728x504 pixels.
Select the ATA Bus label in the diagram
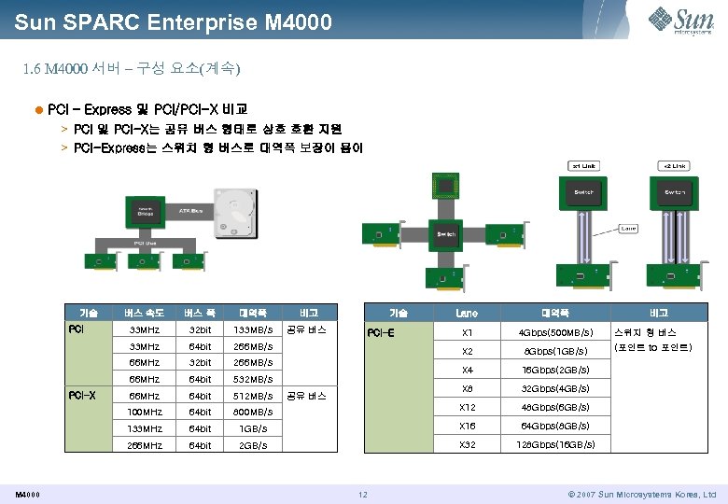[x=190, y=211]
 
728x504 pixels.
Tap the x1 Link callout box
[x=585, y=166]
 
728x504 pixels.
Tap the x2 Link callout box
[x=674, y=166]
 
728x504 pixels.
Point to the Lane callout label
[x=628, y=227]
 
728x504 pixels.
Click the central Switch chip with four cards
[x=446, y=234]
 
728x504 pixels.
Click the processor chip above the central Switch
[x=447, y=185]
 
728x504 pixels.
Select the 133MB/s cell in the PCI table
[x=253, y=329]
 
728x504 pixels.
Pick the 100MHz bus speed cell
[x=144, y=412]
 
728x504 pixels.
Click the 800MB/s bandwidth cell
[x=253, y=412]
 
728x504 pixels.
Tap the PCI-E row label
[x=380, y=332]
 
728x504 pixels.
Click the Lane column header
[x=467, y=313]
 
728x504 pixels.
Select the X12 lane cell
[x=467, y=407]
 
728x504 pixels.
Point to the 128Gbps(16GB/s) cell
[x=556, y=444]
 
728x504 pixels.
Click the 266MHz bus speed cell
[x=144, y=445]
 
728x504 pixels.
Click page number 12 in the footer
[x=364, y=494]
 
